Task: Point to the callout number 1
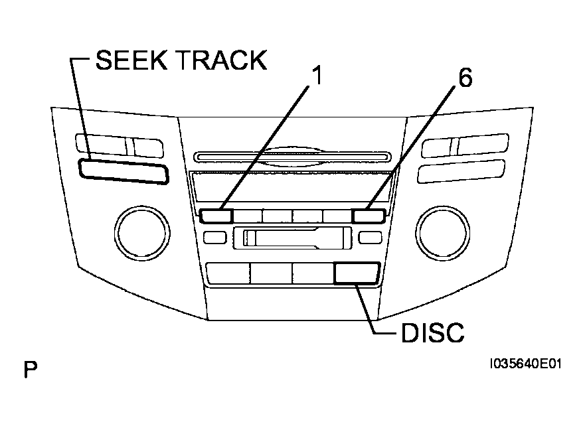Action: click(x=317, y=77)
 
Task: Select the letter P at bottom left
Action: click(x=30, y=370)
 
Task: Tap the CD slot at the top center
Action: click(x=292, y=157)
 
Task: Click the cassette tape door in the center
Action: click(x=292, y=238)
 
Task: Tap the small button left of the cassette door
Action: click(x=214, y=238)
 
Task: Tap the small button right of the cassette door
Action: click(x=367, y=238)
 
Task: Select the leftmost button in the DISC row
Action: click(x=228, y=273)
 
